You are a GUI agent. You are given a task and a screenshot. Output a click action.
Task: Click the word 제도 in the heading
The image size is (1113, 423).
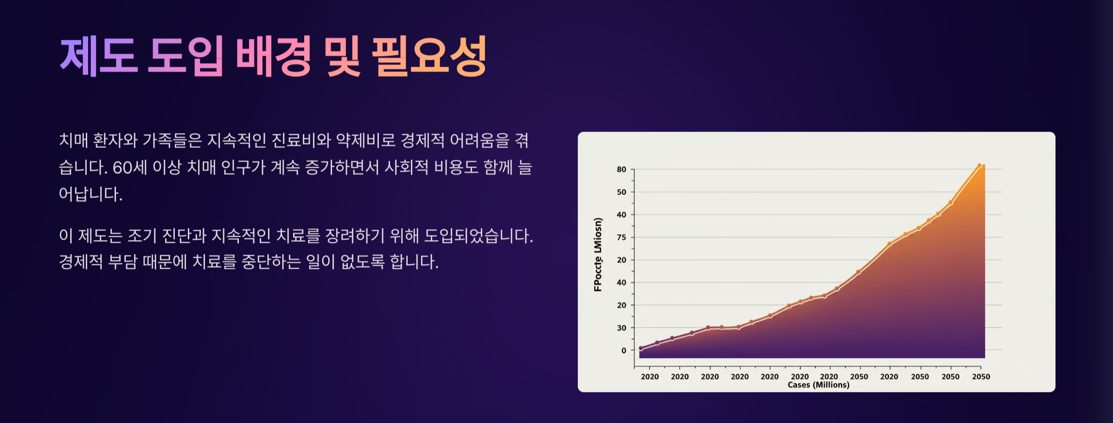point(99,56)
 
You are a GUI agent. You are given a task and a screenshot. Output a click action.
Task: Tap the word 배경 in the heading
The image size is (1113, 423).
point(273,56)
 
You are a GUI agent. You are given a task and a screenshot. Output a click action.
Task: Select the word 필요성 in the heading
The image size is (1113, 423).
point(429,56)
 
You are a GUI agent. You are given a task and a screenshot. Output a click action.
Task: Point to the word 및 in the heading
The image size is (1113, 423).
point(342,56)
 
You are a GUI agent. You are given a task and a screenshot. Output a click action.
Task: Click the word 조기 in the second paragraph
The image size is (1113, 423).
point(142,235)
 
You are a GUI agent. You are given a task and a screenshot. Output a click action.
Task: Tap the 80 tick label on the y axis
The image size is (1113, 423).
point(621,170)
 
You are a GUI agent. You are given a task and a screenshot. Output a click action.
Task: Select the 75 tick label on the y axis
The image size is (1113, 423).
point(621,237)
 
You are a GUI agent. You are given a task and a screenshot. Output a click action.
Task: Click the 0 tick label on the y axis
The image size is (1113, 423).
point(624,351)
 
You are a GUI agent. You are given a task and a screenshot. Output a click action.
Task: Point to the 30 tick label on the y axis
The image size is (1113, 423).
point(621,328)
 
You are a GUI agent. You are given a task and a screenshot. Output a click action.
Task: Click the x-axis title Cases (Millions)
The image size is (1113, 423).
point(819,385)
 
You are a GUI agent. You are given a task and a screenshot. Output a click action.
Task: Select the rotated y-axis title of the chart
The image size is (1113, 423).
point(598,254)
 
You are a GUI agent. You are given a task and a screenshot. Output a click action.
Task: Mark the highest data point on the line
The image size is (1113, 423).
point(979,165)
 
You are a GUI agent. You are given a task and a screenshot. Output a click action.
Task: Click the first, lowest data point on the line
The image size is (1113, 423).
point(641,348)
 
